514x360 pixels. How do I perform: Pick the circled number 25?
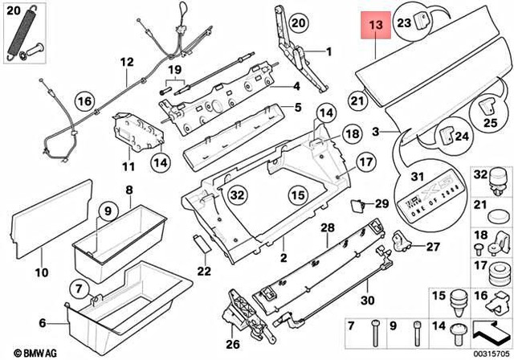click(490, 123)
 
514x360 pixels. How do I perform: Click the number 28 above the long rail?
click(327, 229)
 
